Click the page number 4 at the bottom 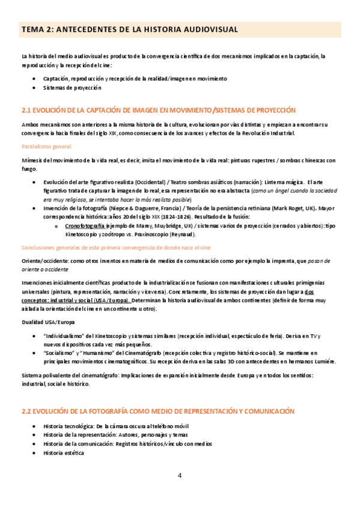coord(179,476)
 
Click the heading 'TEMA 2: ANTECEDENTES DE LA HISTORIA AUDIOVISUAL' coord(129,29)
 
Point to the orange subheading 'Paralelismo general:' coord(47,146)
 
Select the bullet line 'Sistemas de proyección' coord(72,88)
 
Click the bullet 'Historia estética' coord(64,452)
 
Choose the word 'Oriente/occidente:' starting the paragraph coord(44,261)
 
